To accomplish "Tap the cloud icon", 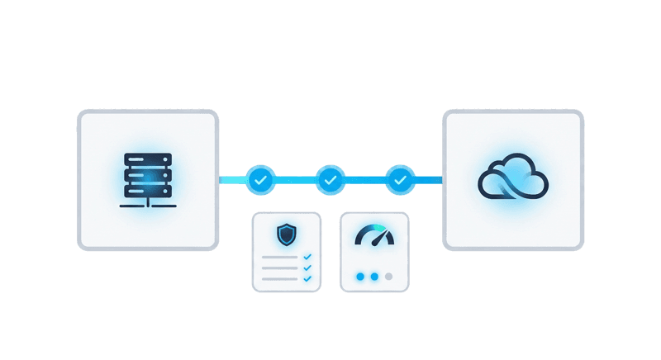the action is (512, 179).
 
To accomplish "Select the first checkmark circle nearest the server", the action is (260, 179).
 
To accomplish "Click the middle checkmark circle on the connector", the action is (330, 179).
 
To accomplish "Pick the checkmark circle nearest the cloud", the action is (400, 179).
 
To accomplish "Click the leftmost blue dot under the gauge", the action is (359, 277).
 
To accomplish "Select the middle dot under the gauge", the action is (374, 277).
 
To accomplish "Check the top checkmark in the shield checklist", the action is (307, 257).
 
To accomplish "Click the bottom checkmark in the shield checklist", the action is (307, 278).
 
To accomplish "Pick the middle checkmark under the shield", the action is (307, 268).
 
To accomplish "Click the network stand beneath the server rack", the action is (148, 202).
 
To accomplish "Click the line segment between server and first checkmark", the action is (233, 179).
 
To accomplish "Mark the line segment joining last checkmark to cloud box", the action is (427, 179).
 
